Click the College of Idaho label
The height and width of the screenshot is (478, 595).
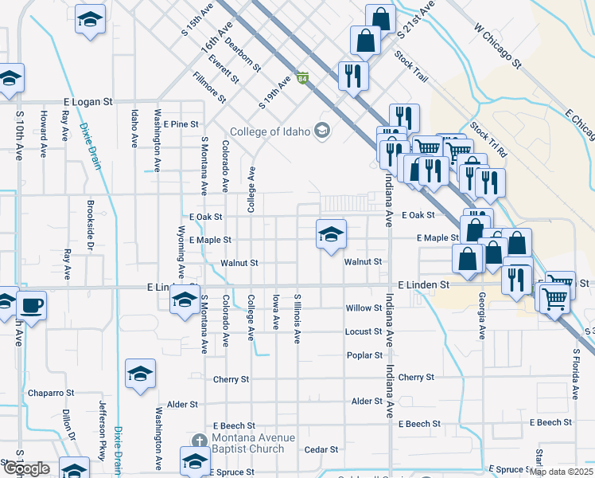pos(270,131)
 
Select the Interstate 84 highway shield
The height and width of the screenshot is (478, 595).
pos(302,79)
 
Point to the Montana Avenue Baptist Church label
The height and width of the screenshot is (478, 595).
pos(247,444)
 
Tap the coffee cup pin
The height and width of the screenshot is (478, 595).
pos(31,306)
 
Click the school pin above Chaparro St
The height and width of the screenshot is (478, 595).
pos(140,374)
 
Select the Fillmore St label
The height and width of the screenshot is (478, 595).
pos(210,88)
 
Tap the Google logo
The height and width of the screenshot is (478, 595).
pos(25,468)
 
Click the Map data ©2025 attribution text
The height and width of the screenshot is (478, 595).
pos(561,472)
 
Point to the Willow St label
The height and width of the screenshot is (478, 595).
pos(364,308)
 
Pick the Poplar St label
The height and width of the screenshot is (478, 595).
pos(365,355)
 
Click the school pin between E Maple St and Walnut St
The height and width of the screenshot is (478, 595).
pos(331,234)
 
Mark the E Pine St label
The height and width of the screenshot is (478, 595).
pos(181,124)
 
